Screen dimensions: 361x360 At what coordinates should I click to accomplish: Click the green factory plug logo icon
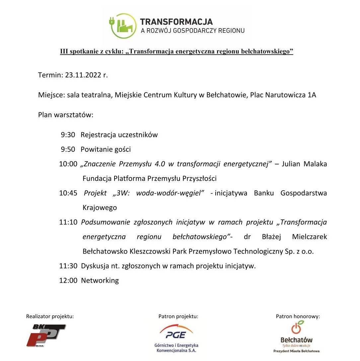[123, 26]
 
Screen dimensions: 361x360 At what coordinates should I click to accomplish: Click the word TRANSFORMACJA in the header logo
[176, 22]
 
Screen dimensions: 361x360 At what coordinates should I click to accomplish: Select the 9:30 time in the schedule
[68, 135]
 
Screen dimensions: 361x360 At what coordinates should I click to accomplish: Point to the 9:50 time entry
[68, 150]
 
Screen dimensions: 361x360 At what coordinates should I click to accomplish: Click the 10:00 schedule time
[68, 164]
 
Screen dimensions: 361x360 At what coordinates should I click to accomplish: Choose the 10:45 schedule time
[68, 193]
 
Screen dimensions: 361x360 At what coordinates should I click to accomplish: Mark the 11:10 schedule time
[68, 222]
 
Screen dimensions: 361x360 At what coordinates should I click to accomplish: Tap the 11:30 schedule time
[68, 266]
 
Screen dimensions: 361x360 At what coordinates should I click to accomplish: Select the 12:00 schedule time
[68, 280]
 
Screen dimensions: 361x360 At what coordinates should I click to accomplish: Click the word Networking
[100, 280]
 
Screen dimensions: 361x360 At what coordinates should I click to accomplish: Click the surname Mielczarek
[310, 237]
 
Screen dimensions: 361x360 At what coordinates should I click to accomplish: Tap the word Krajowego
[100, 208]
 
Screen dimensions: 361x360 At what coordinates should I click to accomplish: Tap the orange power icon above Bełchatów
[296, 328]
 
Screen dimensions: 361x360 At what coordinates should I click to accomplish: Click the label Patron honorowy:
[298, 317]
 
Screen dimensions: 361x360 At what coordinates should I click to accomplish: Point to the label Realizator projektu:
[50, 317]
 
